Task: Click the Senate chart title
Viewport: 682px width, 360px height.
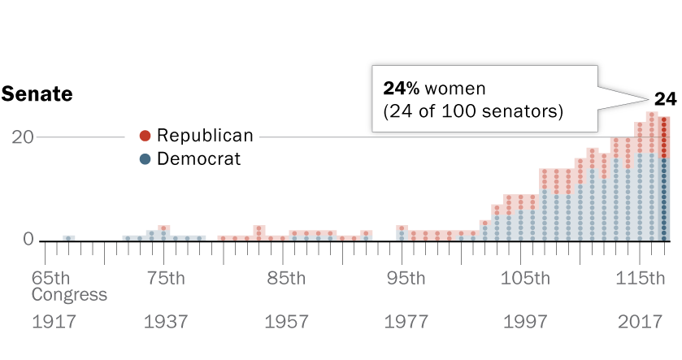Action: tap(37, 94)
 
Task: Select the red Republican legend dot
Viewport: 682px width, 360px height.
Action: tap(145, 136)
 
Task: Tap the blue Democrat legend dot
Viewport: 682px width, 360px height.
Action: tap(145, 159)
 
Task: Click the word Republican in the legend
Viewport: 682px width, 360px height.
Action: tap(205, 136)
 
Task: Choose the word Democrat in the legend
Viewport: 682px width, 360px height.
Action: tap(198, 159)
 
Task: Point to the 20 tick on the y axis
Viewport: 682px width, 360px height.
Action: tap(22, 137)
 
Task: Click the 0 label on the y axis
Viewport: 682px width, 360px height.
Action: tap(28, 240)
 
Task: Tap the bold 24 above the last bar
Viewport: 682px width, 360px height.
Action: tap(666, 99)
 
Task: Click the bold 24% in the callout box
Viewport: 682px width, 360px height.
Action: tap(402, 88)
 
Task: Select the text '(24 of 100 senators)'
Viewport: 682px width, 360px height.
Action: tap(467, 111)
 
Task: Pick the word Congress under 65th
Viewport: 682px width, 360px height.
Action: tap(69, 294)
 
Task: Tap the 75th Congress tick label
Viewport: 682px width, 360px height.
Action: tap(165, 278)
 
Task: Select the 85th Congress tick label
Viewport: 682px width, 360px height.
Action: tap(285, 278)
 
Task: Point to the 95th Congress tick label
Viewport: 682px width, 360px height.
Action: tap(405, 278)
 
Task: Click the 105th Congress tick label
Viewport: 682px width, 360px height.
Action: tap(524, 278)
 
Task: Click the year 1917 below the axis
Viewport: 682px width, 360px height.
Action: tap(54, 322)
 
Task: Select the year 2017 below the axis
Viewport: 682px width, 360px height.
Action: tap(640, 322)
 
